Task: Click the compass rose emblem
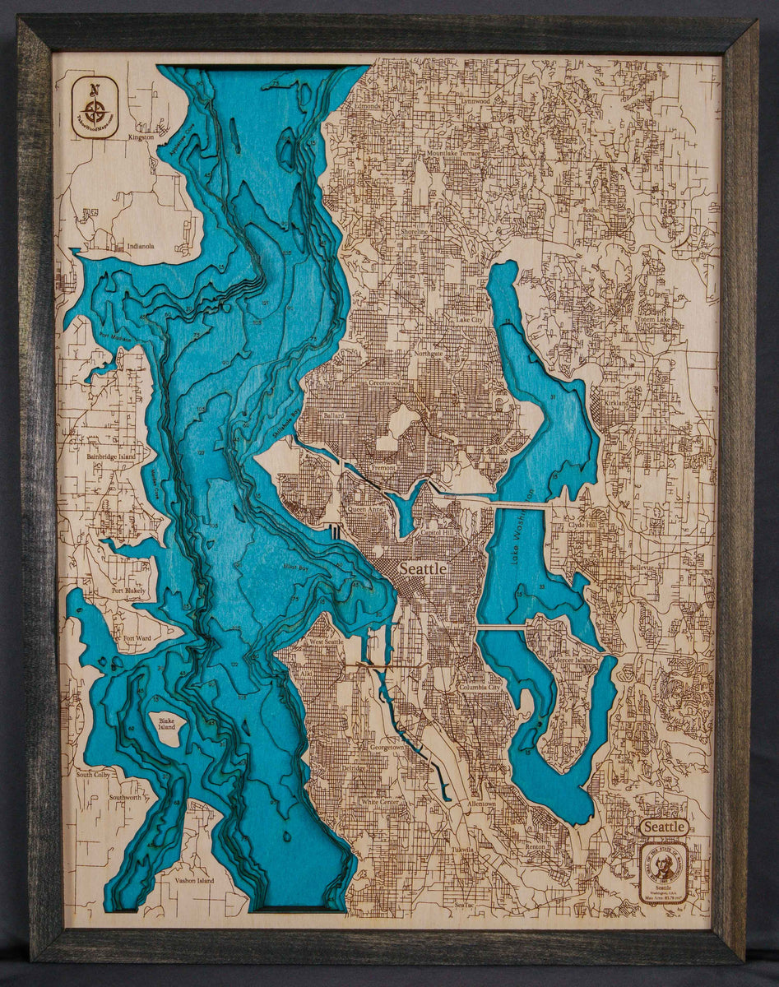click(x=95, y=106)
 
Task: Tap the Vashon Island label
click(x=193, y=880)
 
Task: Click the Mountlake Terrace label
click(x=452, y=154)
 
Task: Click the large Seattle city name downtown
click(x=423, y=568)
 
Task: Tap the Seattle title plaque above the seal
click(x=664, y=826)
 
